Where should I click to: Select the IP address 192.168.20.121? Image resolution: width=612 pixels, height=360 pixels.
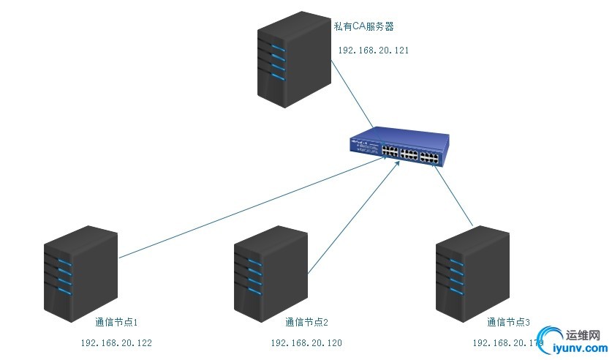(x=374, y=50)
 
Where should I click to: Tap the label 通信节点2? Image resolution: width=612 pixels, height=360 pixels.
(x=306, y=322)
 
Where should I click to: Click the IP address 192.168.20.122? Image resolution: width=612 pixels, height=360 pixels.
(x=116, y=342)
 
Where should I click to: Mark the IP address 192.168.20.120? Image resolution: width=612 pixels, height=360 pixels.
(x=306, y=342)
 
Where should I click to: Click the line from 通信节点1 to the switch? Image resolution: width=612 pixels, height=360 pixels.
(x=249, y=209)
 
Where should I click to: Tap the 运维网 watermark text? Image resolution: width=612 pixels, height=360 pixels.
(x=583, y=334)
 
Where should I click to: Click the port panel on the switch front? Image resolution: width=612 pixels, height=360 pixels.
(x=409, y=154)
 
